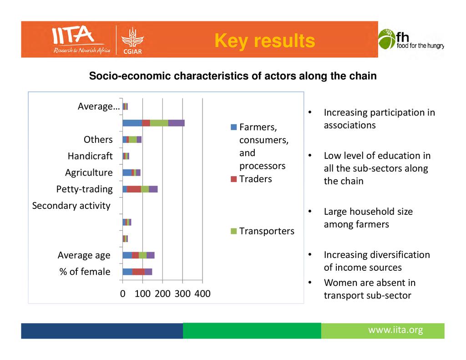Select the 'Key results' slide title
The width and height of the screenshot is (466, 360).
click(264, 41)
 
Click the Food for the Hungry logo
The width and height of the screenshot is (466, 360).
click(410, 39)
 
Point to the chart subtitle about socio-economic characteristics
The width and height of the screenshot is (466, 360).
click(233, 76)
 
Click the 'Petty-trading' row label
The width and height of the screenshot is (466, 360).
click(84, 189)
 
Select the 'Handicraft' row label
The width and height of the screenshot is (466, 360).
click(90, 156)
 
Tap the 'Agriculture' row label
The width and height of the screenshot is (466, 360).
click(89, 172)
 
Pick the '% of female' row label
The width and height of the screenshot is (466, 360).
click(85, 272)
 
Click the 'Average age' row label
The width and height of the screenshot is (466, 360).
click(84, 255)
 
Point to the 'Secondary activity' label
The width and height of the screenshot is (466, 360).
click(71, 206)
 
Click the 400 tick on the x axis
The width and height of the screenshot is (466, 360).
click(202, 294)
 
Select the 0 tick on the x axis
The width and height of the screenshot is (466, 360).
click(122, 294)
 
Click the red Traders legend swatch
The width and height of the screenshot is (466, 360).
click(233, 179)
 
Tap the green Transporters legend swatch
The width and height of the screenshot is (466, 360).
click(233, 231)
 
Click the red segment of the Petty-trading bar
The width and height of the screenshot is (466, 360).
click(134, 189)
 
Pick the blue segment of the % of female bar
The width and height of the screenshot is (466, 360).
click(127, 272)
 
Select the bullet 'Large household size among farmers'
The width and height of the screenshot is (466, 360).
click(368, 218)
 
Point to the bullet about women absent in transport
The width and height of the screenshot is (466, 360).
click(369, 289)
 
